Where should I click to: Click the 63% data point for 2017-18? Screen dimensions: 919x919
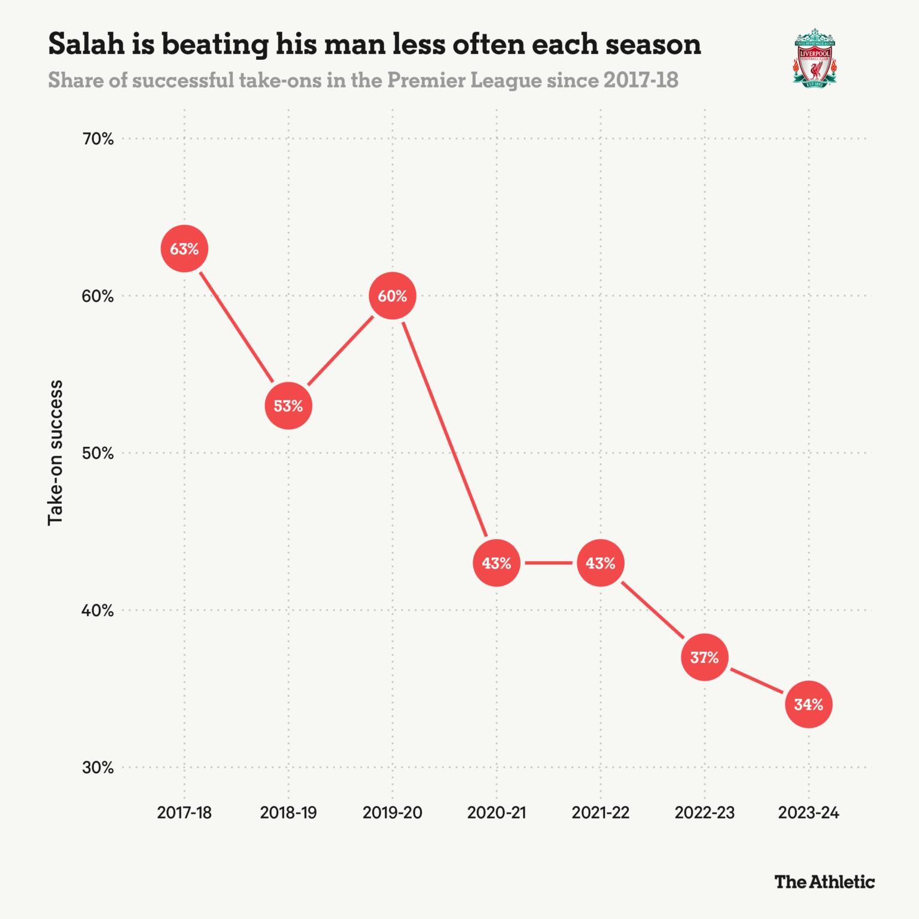184,249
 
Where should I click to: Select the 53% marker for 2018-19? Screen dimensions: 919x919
288,406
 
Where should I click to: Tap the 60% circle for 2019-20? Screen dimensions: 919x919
392,296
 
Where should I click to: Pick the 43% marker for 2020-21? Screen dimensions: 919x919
496,563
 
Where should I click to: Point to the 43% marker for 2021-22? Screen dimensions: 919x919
600,563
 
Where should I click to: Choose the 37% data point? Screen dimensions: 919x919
704,658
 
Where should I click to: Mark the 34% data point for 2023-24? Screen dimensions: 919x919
808,705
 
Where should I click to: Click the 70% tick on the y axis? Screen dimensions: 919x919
98,139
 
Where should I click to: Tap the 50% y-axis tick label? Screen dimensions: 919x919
98,454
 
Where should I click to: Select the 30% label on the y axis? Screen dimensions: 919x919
98,768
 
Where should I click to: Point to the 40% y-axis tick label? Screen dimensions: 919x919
98,611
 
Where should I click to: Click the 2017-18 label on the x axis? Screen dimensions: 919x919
184,813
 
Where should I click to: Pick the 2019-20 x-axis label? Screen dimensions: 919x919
392,813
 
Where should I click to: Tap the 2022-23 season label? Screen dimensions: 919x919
704,813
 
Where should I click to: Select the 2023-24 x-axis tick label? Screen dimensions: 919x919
808,813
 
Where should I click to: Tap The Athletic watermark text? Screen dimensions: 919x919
824,882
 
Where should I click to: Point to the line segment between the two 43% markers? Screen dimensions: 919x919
548,563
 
